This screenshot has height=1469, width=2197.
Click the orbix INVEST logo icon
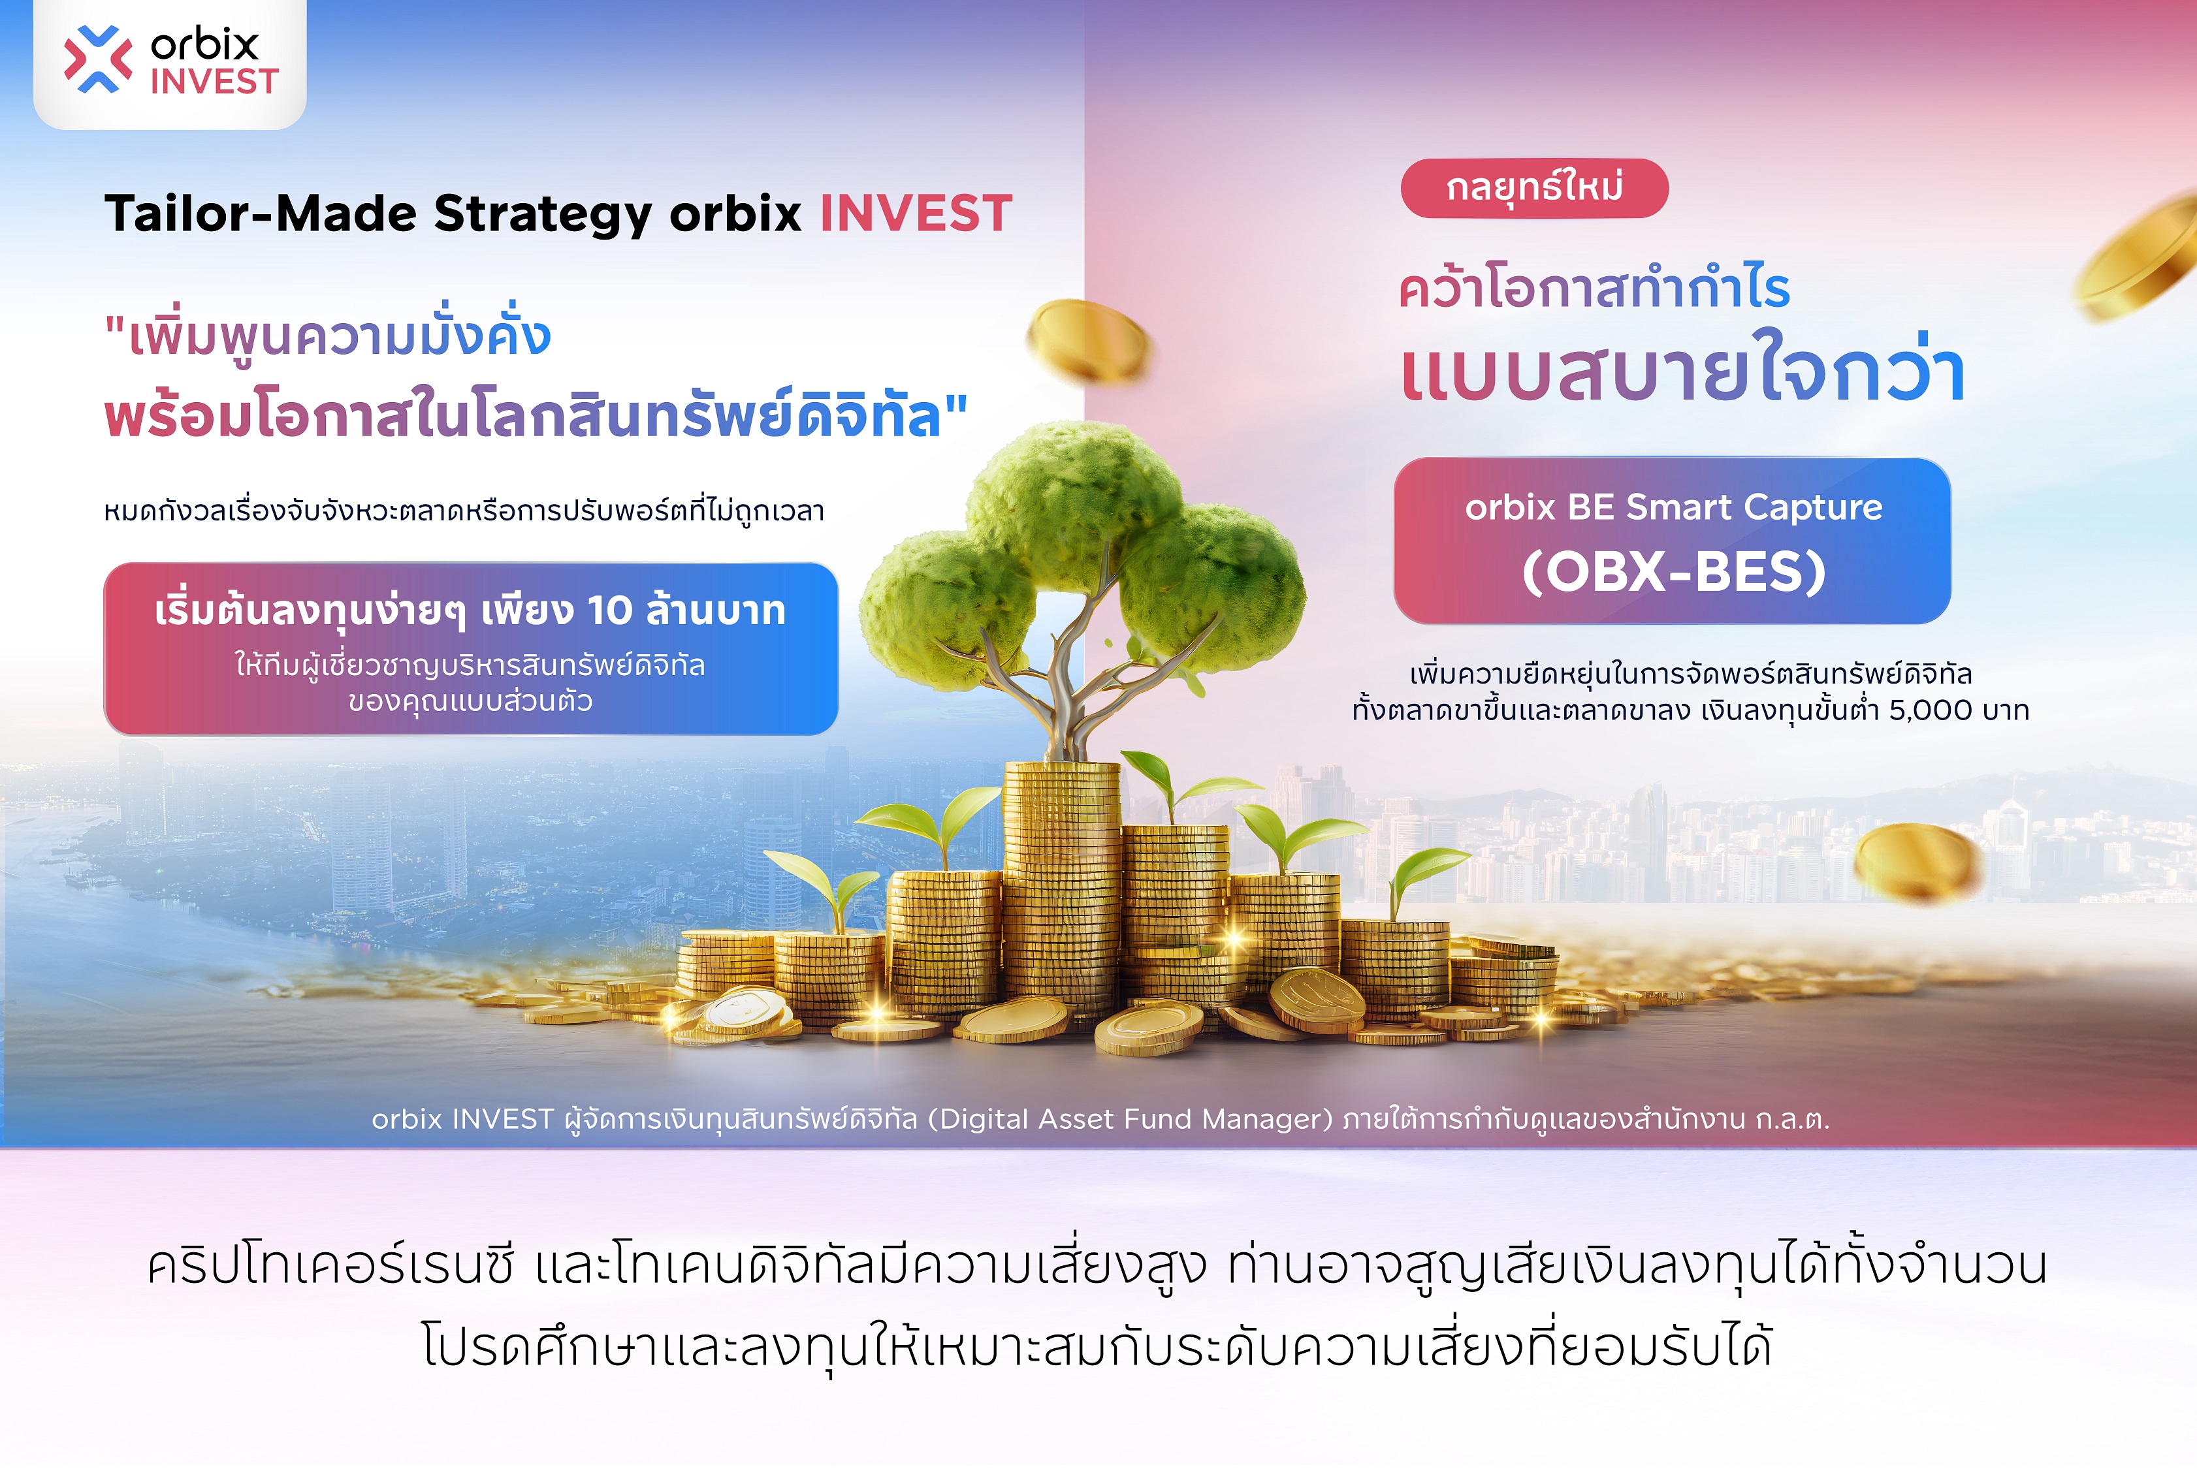(97, 59)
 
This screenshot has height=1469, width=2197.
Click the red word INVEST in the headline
(916, 213)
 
